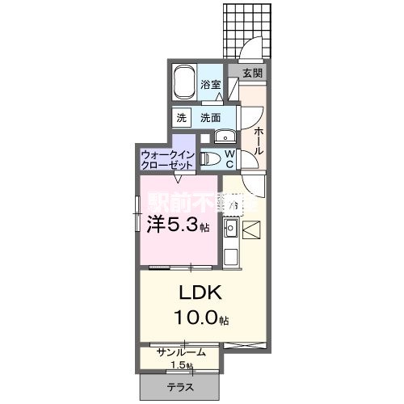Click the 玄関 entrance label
[x=251, y=73]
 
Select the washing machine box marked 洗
[x=183, y=117]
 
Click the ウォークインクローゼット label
[x=166, y=158]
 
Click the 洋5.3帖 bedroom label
[x=177, y=225]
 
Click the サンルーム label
[x=182, y=352]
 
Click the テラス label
[x=180, y=388]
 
